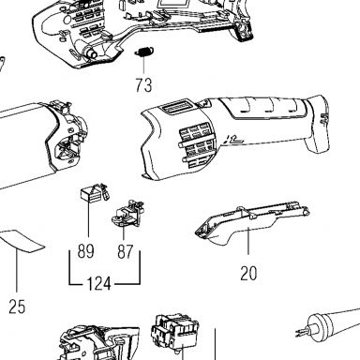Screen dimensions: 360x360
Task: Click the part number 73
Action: (x=143, y=85)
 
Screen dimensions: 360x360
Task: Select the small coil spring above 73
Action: (x=144, y=52)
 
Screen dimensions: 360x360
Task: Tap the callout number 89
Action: (x=85, y=251)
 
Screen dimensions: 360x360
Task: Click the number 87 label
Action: (x=125, y=251)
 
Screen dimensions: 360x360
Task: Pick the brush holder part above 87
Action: (x=128, y=214)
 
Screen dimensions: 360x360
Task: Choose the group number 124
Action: (x=98, y=284)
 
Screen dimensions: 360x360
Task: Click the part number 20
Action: (x=248, y=273)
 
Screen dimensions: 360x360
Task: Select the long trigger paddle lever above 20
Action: (x=250, y=221)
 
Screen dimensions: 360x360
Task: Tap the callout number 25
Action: (x=17, y=307)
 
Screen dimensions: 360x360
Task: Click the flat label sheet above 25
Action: (x=22, y=241)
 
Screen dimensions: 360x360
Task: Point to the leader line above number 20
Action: (x=248, y=241)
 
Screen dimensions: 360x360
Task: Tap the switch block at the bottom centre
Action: (x=174, y=332)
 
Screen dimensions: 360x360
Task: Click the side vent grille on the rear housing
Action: (x=195, y=144)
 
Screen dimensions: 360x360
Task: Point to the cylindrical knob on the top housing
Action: (x=91, y=52)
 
